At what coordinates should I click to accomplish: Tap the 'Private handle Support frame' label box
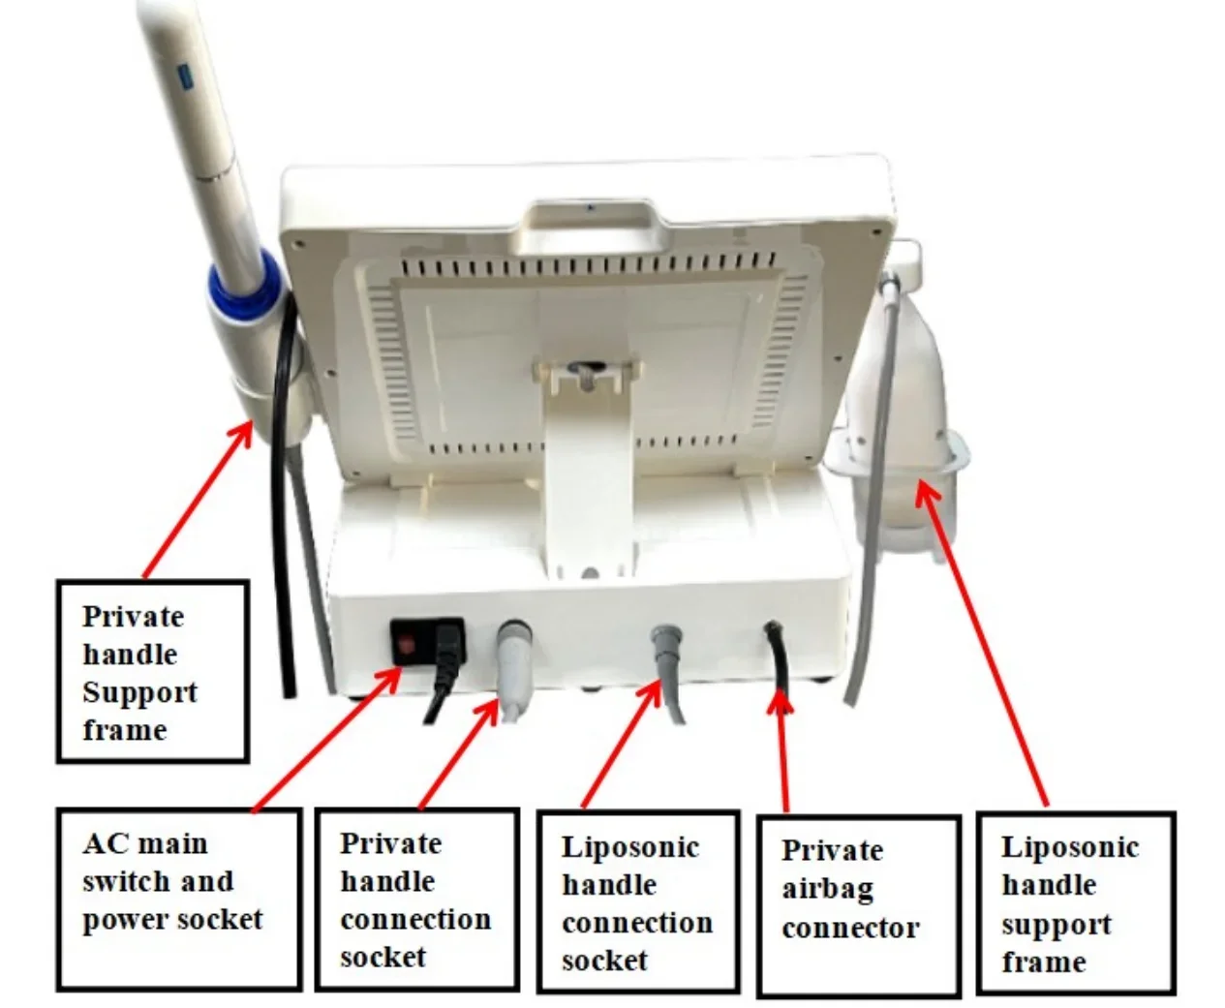(x=152, y=671)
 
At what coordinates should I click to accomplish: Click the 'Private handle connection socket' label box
(x=416, y=899)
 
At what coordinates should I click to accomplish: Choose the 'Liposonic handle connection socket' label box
(x=637, y=902)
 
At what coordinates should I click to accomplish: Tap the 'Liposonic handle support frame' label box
(x=1075, y=902)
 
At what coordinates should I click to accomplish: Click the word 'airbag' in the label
(x=828, y=889)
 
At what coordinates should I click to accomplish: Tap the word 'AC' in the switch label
(x=105, y=843)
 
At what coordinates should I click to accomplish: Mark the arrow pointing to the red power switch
(x=324, y=741)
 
